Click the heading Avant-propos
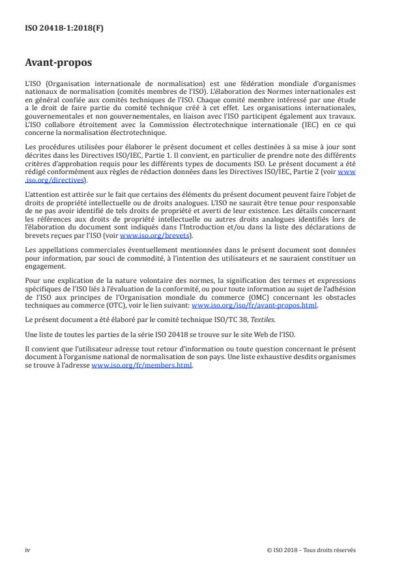click(58, 63)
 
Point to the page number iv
click(27, 549)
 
